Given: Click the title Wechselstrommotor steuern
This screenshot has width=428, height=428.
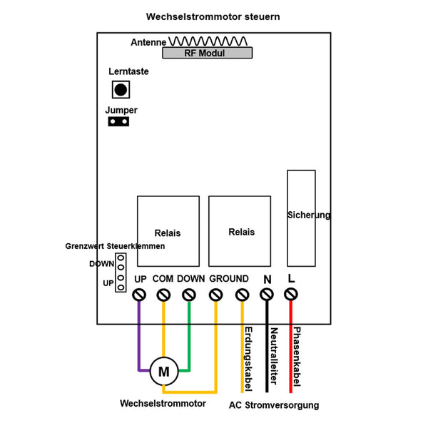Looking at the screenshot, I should coord(213,16).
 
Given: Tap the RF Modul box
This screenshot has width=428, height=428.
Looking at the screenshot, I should coord(205,53).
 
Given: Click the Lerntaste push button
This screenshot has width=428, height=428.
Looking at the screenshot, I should coord(121,90).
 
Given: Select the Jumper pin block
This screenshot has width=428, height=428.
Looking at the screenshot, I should coord(119,122).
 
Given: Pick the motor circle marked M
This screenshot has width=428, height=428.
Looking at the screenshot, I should coord(164,371).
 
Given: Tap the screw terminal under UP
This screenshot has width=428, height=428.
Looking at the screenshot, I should coord(139,294).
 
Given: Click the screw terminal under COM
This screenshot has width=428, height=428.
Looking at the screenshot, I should coord(163,294).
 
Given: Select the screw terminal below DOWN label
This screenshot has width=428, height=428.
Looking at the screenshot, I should coord(190,294).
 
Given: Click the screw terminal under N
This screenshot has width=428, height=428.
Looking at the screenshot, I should coord(267,294).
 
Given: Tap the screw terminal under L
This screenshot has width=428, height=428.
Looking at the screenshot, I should coord(291,294).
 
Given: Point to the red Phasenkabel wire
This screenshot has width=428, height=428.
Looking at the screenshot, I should coord(291,350).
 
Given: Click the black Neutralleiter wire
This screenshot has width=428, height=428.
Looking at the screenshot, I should coord(267,350).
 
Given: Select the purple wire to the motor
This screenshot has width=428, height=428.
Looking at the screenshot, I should coord(139,335).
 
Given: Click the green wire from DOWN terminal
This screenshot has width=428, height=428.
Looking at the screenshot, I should coord(190,335).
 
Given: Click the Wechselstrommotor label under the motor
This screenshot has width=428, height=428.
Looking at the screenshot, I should coord(163,404).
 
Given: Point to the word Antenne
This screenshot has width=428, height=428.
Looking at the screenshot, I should coord(148,43).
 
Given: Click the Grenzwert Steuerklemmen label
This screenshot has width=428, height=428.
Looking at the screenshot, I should coord(115,246).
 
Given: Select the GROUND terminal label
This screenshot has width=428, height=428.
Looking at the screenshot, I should coord(229,279).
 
